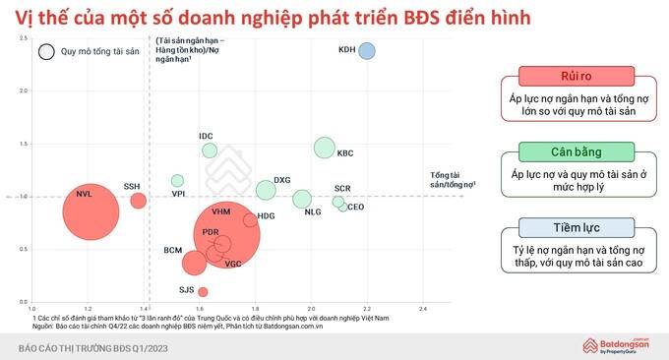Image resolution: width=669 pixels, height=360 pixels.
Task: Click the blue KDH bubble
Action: click(367, 51)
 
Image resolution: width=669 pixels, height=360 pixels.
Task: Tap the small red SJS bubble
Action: click(203, 291)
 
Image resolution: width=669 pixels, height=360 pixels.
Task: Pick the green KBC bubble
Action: click(325, 148)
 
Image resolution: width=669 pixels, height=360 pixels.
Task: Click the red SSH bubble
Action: click(139, 201)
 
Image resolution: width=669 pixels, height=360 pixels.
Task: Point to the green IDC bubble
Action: click(210, 150)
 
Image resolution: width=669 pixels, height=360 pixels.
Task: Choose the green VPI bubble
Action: click(177, 180)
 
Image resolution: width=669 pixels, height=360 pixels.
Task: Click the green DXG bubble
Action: click(266, 190)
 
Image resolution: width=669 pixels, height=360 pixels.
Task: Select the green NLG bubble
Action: click(302, 199)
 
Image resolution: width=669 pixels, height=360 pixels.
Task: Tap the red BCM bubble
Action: click(195, 263)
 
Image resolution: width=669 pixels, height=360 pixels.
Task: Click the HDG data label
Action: click(266, 215)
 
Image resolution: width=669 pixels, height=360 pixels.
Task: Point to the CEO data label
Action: click(356, 208)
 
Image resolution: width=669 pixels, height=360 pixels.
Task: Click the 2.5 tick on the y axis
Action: click(21, 38)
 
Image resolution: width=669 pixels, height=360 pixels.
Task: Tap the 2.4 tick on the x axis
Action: click(423, 308)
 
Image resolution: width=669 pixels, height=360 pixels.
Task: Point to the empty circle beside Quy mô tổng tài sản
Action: click(45, 52)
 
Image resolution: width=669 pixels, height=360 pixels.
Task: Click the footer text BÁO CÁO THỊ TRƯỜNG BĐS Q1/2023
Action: click(98, 348)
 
